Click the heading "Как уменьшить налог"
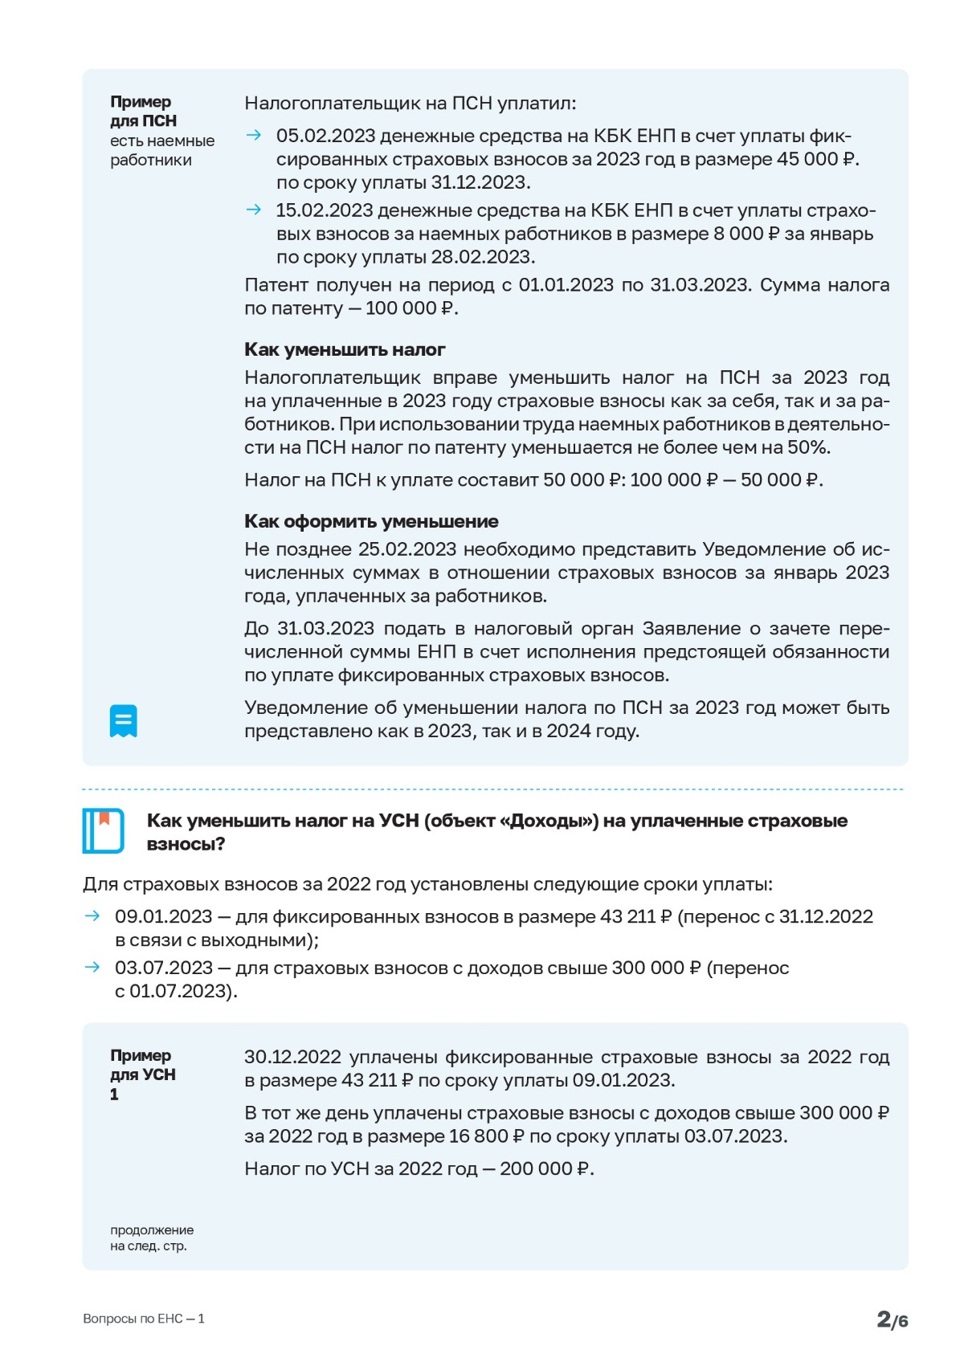[345, 350]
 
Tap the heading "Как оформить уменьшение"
[371, 522]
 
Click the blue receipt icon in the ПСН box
[124, 720]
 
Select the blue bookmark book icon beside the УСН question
[103, 830]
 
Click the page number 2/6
[892, 1319]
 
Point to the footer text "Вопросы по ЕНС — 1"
[144, 1319]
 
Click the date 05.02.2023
[325, 137]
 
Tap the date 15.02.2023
[325, 210]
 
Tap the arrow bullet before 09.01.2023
[92, 916]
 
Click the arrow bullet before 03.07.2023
[92, 968]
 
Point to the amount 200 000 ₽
[545, 1169]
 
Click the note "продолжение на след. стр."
[152, 1238]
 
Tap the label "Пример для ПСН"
[143, 112]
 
